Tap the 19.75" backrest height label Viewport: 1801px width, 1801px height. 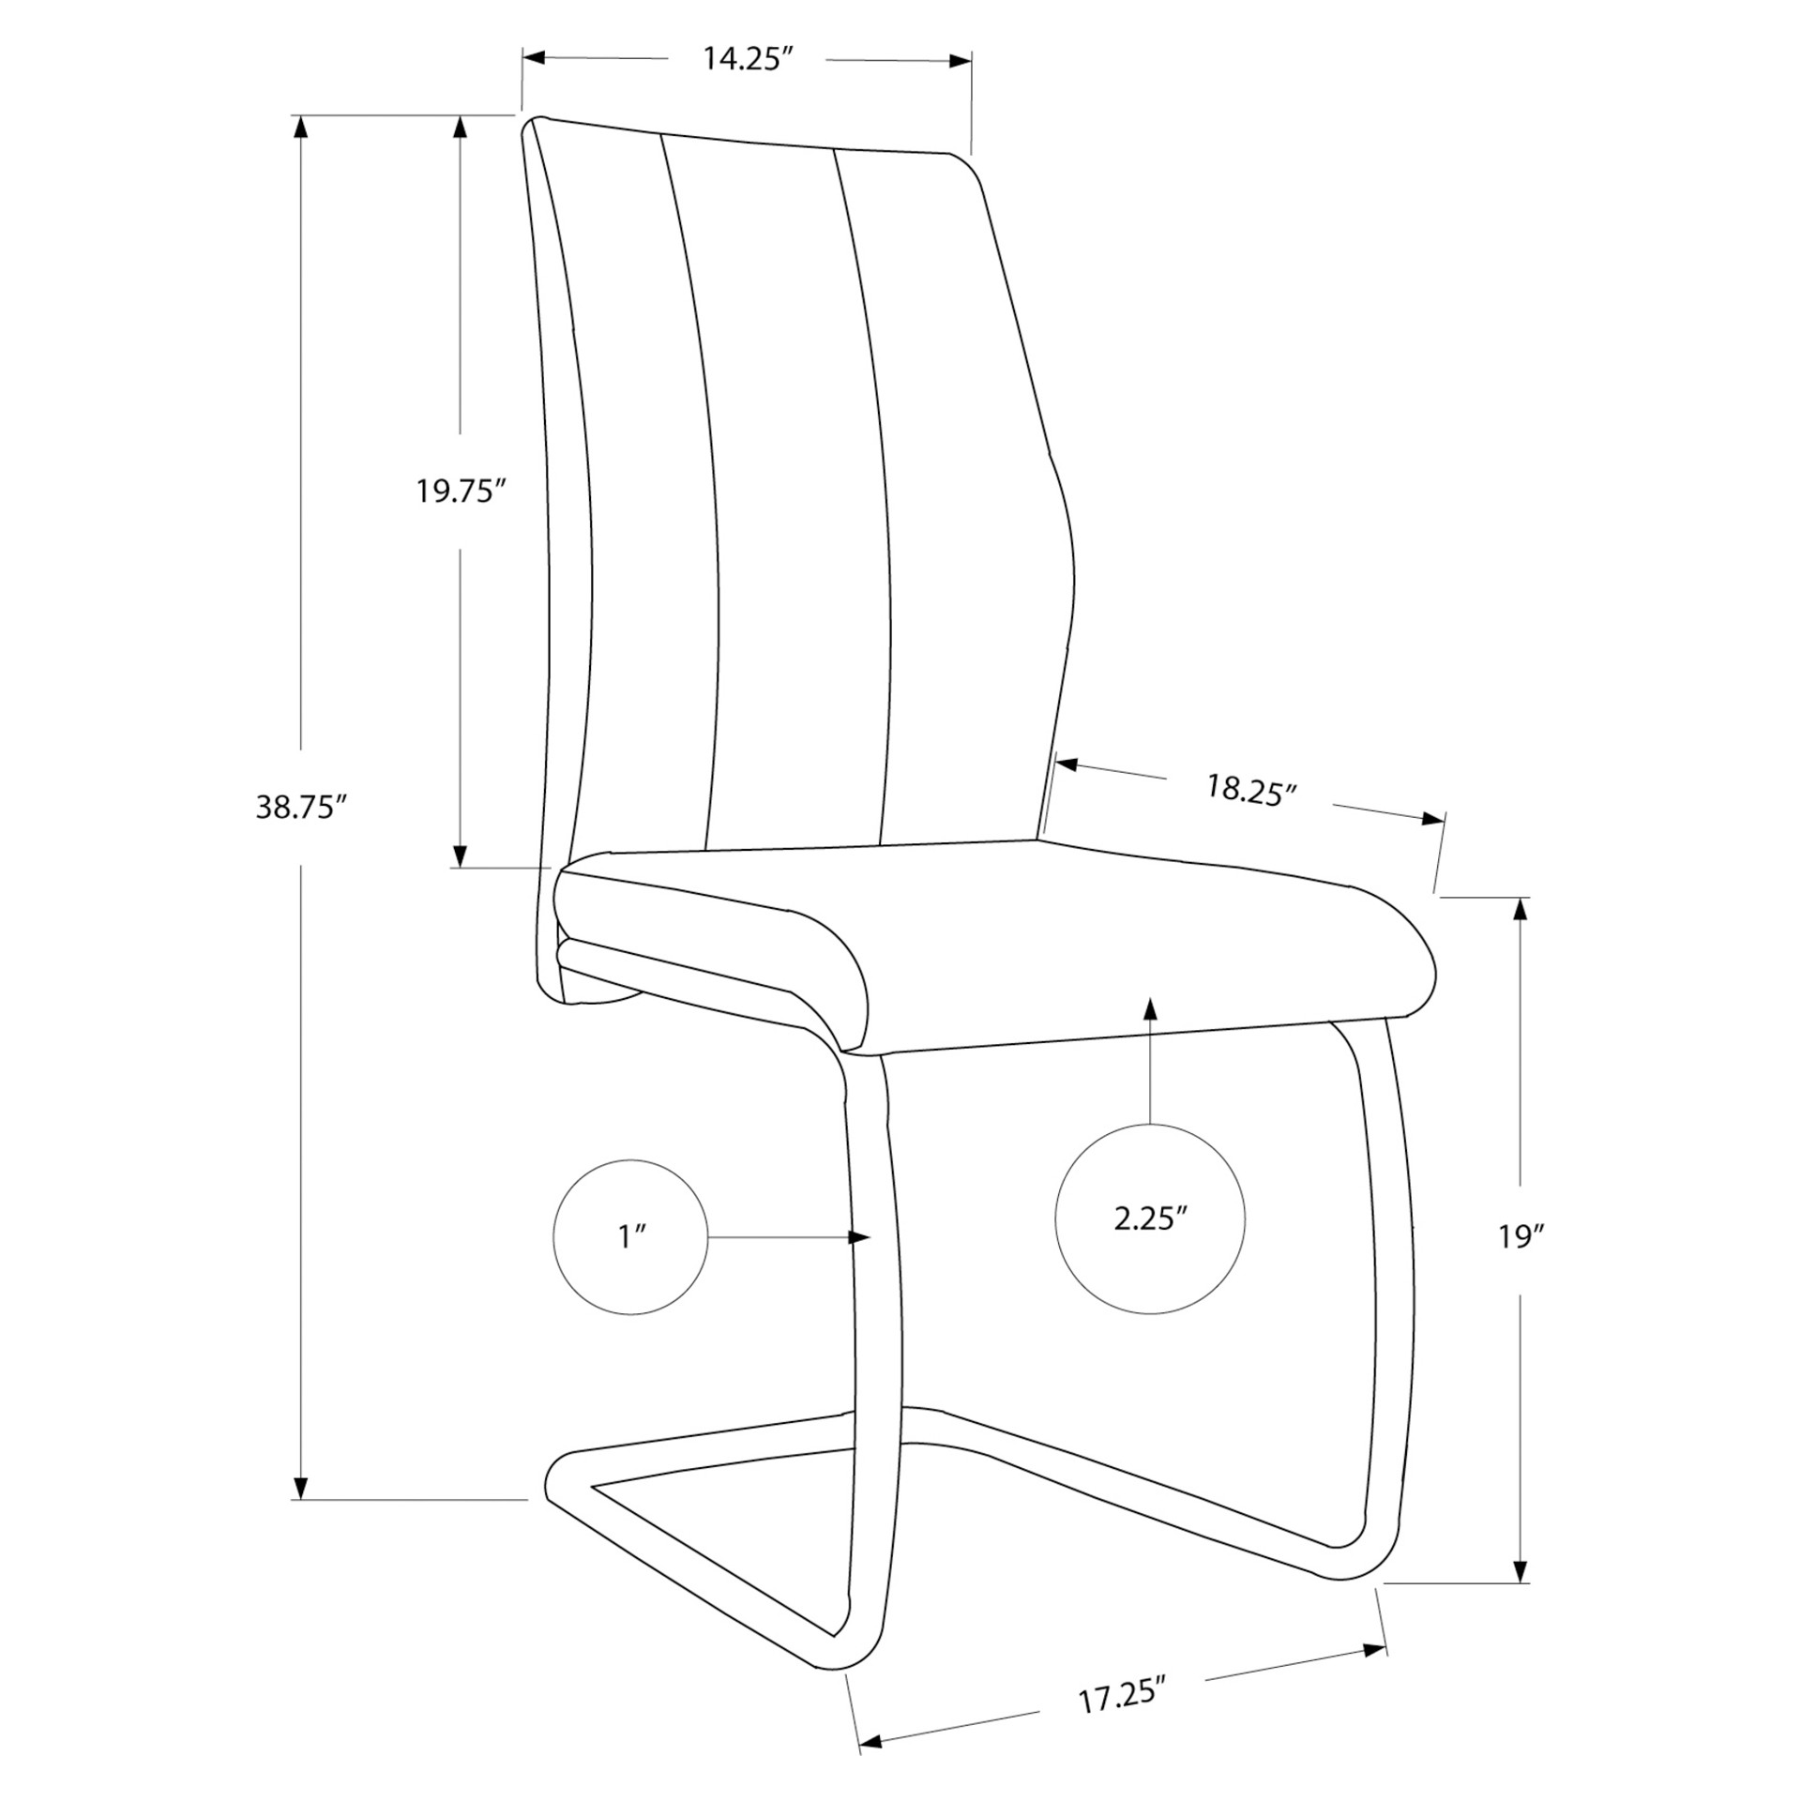point(462,491)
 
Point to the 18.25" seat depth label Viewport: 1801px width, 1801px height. point(1250,791)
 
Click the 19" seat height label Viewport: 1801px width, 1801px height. point(1520,1236)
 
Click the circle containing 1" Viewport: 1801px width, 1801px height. point(630,1236)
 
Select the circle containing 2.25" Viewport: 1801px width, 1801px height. point(1150,1218)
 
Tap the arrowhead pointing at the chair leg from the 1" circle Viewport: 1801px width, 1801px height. point(859,1237)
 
